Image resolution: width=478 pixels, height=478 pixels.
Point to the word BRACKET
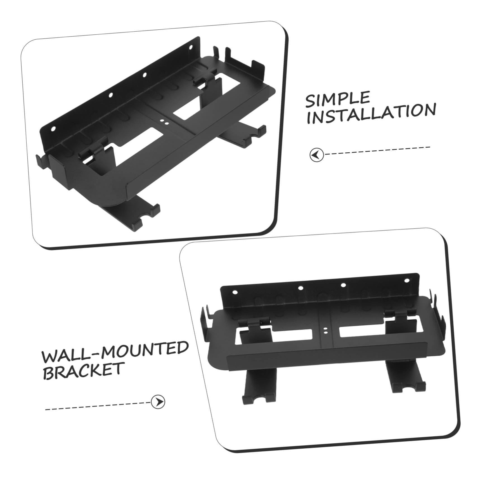click(x=83, y=370)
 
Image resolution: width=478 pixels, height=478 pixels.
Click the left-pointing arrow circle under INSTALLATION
click(x=316, y=154)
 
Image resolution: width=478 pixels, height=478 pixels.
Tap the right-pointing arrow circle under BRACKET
click(x=158, y=402)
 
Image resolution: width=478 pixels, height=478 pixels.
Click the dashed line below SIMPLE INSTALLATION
click(x=377, y=150)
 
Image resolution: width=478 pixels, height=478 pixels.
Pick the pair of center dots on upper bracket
click(x=164, y=121)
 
